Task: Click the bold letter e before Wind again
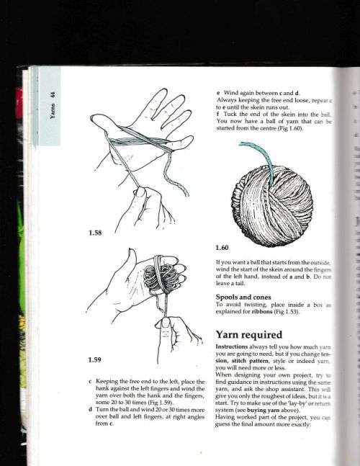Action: pyautogui.click(x=218, y=91)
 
